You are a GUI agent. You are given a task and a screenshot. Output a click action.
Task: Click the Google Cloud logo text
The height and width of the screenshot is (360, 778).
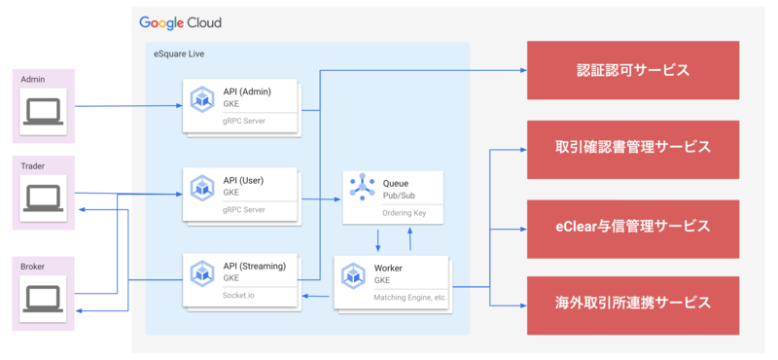(x=179, y=22)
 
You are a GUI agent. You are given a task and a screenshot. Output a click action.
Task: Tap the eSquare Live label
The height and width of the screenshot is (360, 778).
(x=180, y=54)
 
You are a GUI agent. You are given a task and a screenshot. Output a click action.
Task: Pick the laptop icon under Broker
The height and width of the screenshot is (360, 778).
(x=42, y=294)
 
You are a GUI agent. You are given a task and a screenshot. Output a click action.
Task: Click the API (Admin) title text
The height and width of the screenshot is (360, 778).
(x=247, y=91)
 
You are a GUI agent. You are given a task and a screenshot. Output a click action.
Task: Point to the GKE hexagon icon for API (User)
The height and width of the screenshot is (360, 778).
(x=202, y=188)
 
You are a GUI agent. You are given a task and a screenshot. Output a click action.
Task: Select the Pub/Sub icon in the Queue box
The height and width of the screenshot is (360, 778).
(x=362, y=188)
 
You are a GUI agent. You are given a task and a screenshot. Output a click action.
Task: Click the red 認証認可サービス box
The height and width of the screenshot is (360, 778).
(x=633, y=70)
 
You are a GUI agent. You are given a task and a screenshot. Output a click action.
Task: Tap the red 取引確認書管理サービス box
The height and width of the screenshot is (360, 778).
(x=633, y=148)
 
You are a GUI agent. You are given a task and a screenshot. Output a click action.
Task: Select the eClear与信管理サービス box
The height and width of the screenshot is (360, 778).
(x=633, y=226)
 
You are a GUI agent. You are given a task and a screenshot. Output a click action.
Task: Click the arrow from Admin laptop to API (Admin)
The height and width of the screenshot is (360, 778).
(x=126, y=105)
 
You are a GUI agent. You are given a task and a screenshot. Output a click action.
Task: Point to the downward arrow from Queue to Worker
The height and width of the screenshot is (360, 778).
(x=378, y=238)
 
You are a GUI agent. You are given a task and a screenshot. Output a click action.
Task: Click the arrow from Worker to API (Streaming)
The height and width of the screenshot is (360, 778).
(x=316, y=294)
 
